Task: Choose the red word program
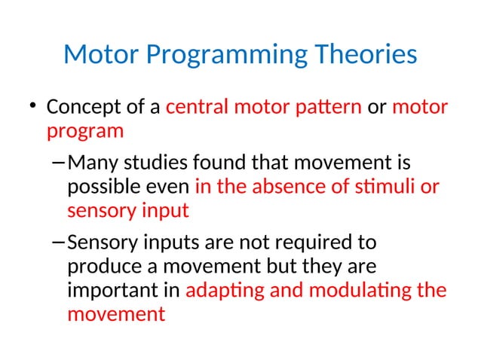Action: click(x=84, y=132)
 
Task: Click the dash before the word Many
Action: click(x=60, y=162)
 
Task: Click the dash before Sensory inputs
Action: click(x=60, y=243)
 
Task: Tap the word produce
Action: click(x=100, y=267)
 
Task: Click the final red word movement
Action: click(x=115, y=314)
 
